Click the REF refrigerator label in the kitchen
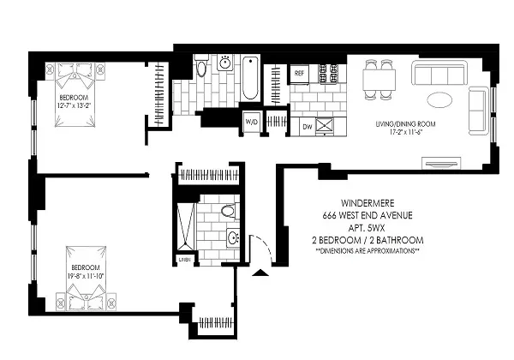300,74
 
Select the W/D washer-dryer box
252,121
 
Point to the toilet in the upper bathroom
201,69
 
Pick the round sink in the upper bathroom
224,63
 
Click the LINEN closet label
183,259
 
